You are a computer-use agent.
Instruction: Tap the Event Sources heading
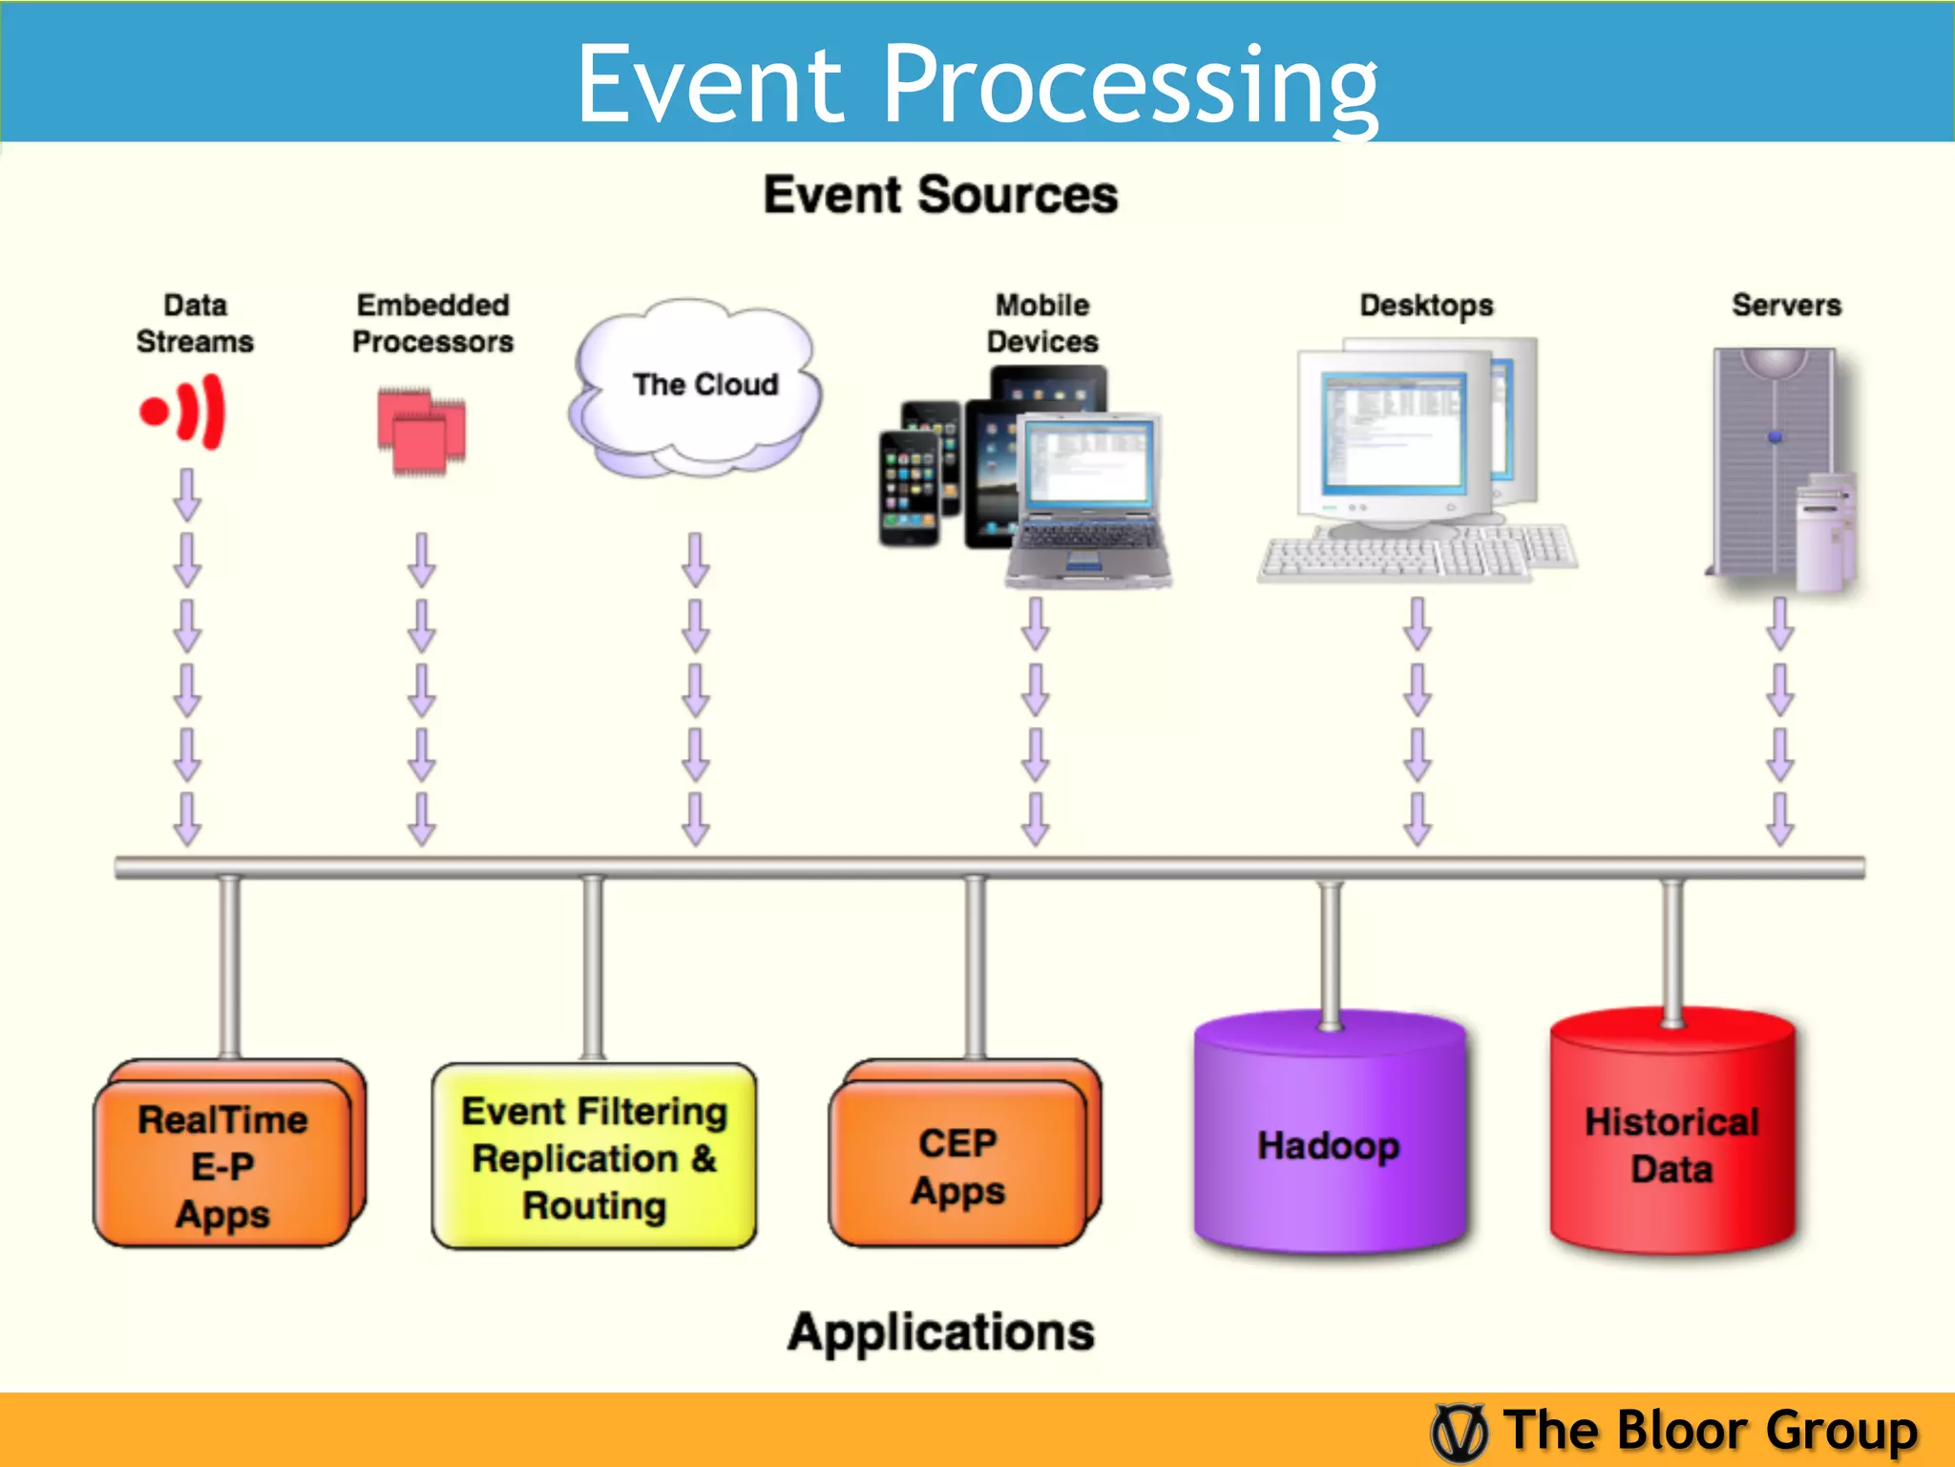pos(940,196)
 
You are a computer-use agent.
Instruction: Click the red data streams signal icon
pos(183,412)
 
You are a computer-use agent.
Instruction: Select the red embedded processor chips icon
pos(421,431)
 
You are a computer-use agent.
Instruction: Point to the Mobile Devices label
pos(1042,323)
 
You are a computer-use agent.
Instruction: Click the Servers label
pos(1786,306)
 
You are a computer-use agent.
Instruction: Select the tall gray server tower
pos(1771,458)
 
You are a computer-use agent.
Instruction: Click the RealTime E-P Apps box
pos(222,1165)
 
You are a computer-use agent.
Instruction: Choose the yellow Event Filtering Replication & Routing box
pos(594,1158)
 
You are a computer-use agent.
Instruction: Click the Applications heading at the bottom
pos(940,1332)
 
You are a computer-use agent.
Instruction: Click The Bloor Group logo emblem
pos(1459,1432)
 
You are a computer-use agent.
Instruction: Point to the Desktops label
pos(1426,306)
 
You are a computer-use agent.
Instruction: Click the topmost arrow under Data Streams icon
pos(187,494)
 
